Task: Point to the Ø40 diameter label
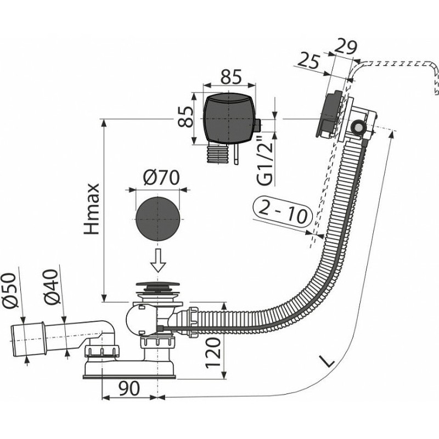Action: point(54,296)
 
